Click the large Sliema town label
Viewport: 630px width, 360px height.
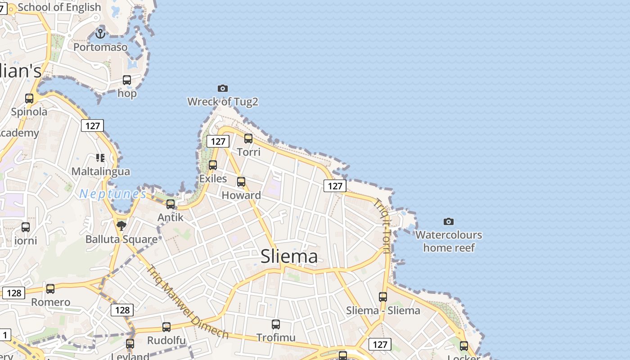click(289, 256)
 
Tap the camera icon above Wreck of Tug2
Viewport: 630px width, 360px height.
click(223, 88)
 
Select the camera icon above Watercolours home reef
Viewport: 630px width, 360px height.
click(449, 221)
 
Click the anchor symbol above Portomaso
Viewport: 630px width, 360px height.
click(100, 33)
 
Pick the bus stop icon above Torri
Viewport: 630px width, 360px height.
click(248, 139)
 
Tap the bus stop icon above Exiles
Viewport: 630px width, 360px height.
click(213, 165)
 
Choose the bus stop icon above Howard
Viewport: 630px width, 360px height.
click(241, 182)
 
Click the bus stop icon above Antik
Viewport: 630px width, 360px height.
click(171, 204)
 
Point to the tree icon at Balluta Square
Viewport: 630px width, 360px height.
click(121, 225)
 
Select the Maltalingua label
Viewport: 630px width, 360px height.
click(101, 171)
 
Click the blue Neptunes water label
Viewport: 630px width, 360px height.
click(113, 194)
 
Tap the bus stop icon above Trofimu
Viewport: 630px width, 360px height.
click(276, 324)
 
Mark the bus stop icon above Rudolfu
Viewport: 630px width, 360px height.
click(166, 327)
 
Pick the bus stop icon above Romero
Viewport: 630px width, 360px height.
click(50, 289)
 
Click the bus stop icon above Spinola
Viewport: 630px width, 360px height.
click(29, 99)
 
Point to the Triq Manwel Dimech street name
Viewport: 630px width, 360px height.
click(188, 302)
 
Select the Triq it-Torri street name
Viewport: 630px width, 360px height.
click(382, 226)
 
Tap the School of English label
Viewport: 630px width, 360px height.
click(59, 7)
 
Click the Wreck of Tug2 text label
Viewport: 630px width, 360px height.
click(223, 102)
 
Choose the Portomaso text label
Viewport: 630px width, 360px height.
click(100, 47)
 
